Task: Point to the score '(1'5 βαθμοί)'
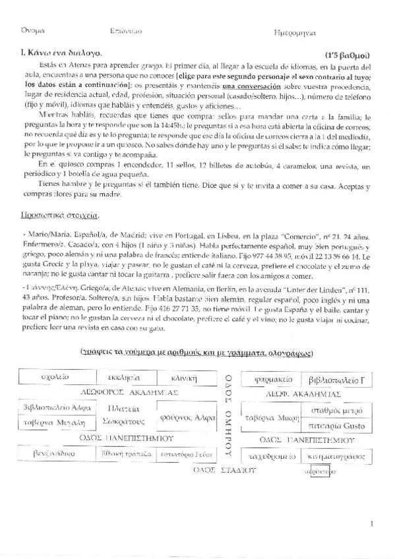(350, 55)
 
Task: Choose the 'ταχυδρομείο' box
(269, 456)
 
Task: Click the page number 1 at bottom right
(373, 524)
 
